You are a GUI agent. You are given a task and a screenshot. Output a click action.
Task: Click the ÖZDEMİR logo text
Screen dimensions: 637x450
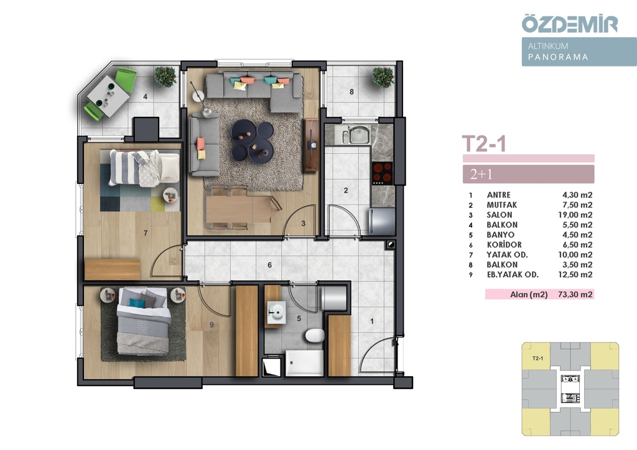pyautogui.click(x=570, y=24)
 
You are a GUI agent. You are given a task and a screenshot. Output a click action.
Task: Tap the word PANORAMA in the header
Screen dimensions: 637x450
pyautogui.click(x=558, y=57)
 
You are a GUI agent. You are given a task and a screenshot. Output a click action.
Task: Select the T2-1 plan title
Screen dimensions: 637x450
pyautogui.click(x=484, y=144)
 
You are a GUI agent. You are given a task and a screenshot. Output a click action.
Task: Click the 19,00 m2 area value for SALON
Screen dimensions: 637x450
pyautogui.click(x=575, y=215)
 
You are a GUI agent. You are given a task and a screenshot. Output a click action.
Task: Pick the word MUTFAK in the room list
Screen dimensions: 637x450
pyautogui.click(x=502, y=205)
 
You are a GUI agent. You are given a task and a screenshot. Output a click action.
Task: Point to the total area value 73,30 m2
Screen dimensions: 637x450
pyautogui.click(x=575, y=294)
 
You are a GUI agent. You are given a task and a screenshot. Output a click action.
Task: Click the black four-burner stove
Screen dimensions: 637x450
pyautogui.click(x=383, y=173)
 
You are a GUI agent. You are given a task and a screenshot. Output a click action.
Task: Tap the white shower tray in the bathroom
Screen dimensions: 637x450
pyautogui.click(x=304, y=363)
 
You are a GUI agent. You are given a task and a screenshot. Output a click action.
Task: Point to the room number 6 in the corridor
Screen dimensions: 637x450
pyautogui.click(x=270, y=265)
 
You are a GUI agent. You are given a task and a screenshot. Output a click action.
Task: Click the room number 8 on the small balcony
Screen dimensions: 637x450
pyautogui.click(x=352, y=92)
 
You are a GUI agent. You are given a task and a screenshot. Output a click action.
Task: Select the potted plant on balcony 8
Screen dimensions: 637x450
pyautogui.click(x=383, y=77)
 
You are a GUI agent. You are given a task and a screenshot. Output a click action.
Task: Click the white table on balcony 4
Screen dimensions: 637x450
pyautogui.click(x=108, y=96)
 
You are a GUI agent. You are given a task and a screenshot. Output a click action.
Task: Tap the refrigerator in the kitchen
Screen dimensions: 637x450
pyautogui.click(x=382, y=221)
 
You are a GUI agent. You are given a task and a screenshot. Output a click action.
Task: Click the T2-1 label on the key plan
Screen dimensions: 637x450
pyautogui.click(x=537, y=358)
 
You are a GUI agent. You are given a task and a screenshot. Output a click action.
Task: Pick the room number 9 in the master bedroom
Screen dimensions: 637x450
pyautogui.click(x=212, y=324)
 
